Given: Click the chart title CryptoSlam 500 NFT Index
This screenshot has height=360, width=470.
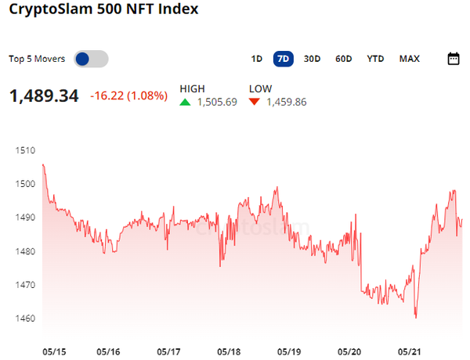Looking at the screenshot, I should (103, 10).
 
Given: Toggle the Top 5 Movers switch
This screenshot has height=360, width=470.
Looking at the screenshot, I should (91, 59).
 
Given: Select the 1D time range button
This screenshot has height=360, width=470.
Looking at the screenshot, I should (256, 59).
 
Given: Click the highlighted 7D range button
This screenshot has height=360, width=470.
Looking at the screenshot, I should (283, 59).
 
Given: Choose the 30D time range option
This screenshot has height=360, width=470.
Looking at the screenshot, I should (312, 59).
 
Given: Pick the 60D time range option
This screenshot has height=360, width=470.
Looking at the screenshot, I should (343, 59).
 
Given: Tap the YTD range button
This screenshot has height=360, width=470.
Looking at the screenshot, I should (376, 59).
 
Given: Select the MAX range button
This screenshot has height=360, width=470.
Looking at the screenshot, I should (409, 59).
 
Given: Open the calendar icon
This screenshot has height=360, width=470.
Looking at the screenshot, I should (454, 59).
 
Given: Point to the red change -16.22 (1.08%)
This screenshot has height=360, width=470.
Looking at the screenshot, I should (129, 96).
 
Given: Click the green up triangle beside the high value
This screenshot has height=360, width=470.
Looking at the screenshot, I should (185, 102).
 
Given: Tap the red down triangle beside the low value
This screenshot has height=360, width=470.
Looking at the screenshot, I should (255, 102).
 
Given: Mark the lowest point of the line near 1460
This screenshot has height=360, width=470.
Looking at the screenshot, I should (415, 318).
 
